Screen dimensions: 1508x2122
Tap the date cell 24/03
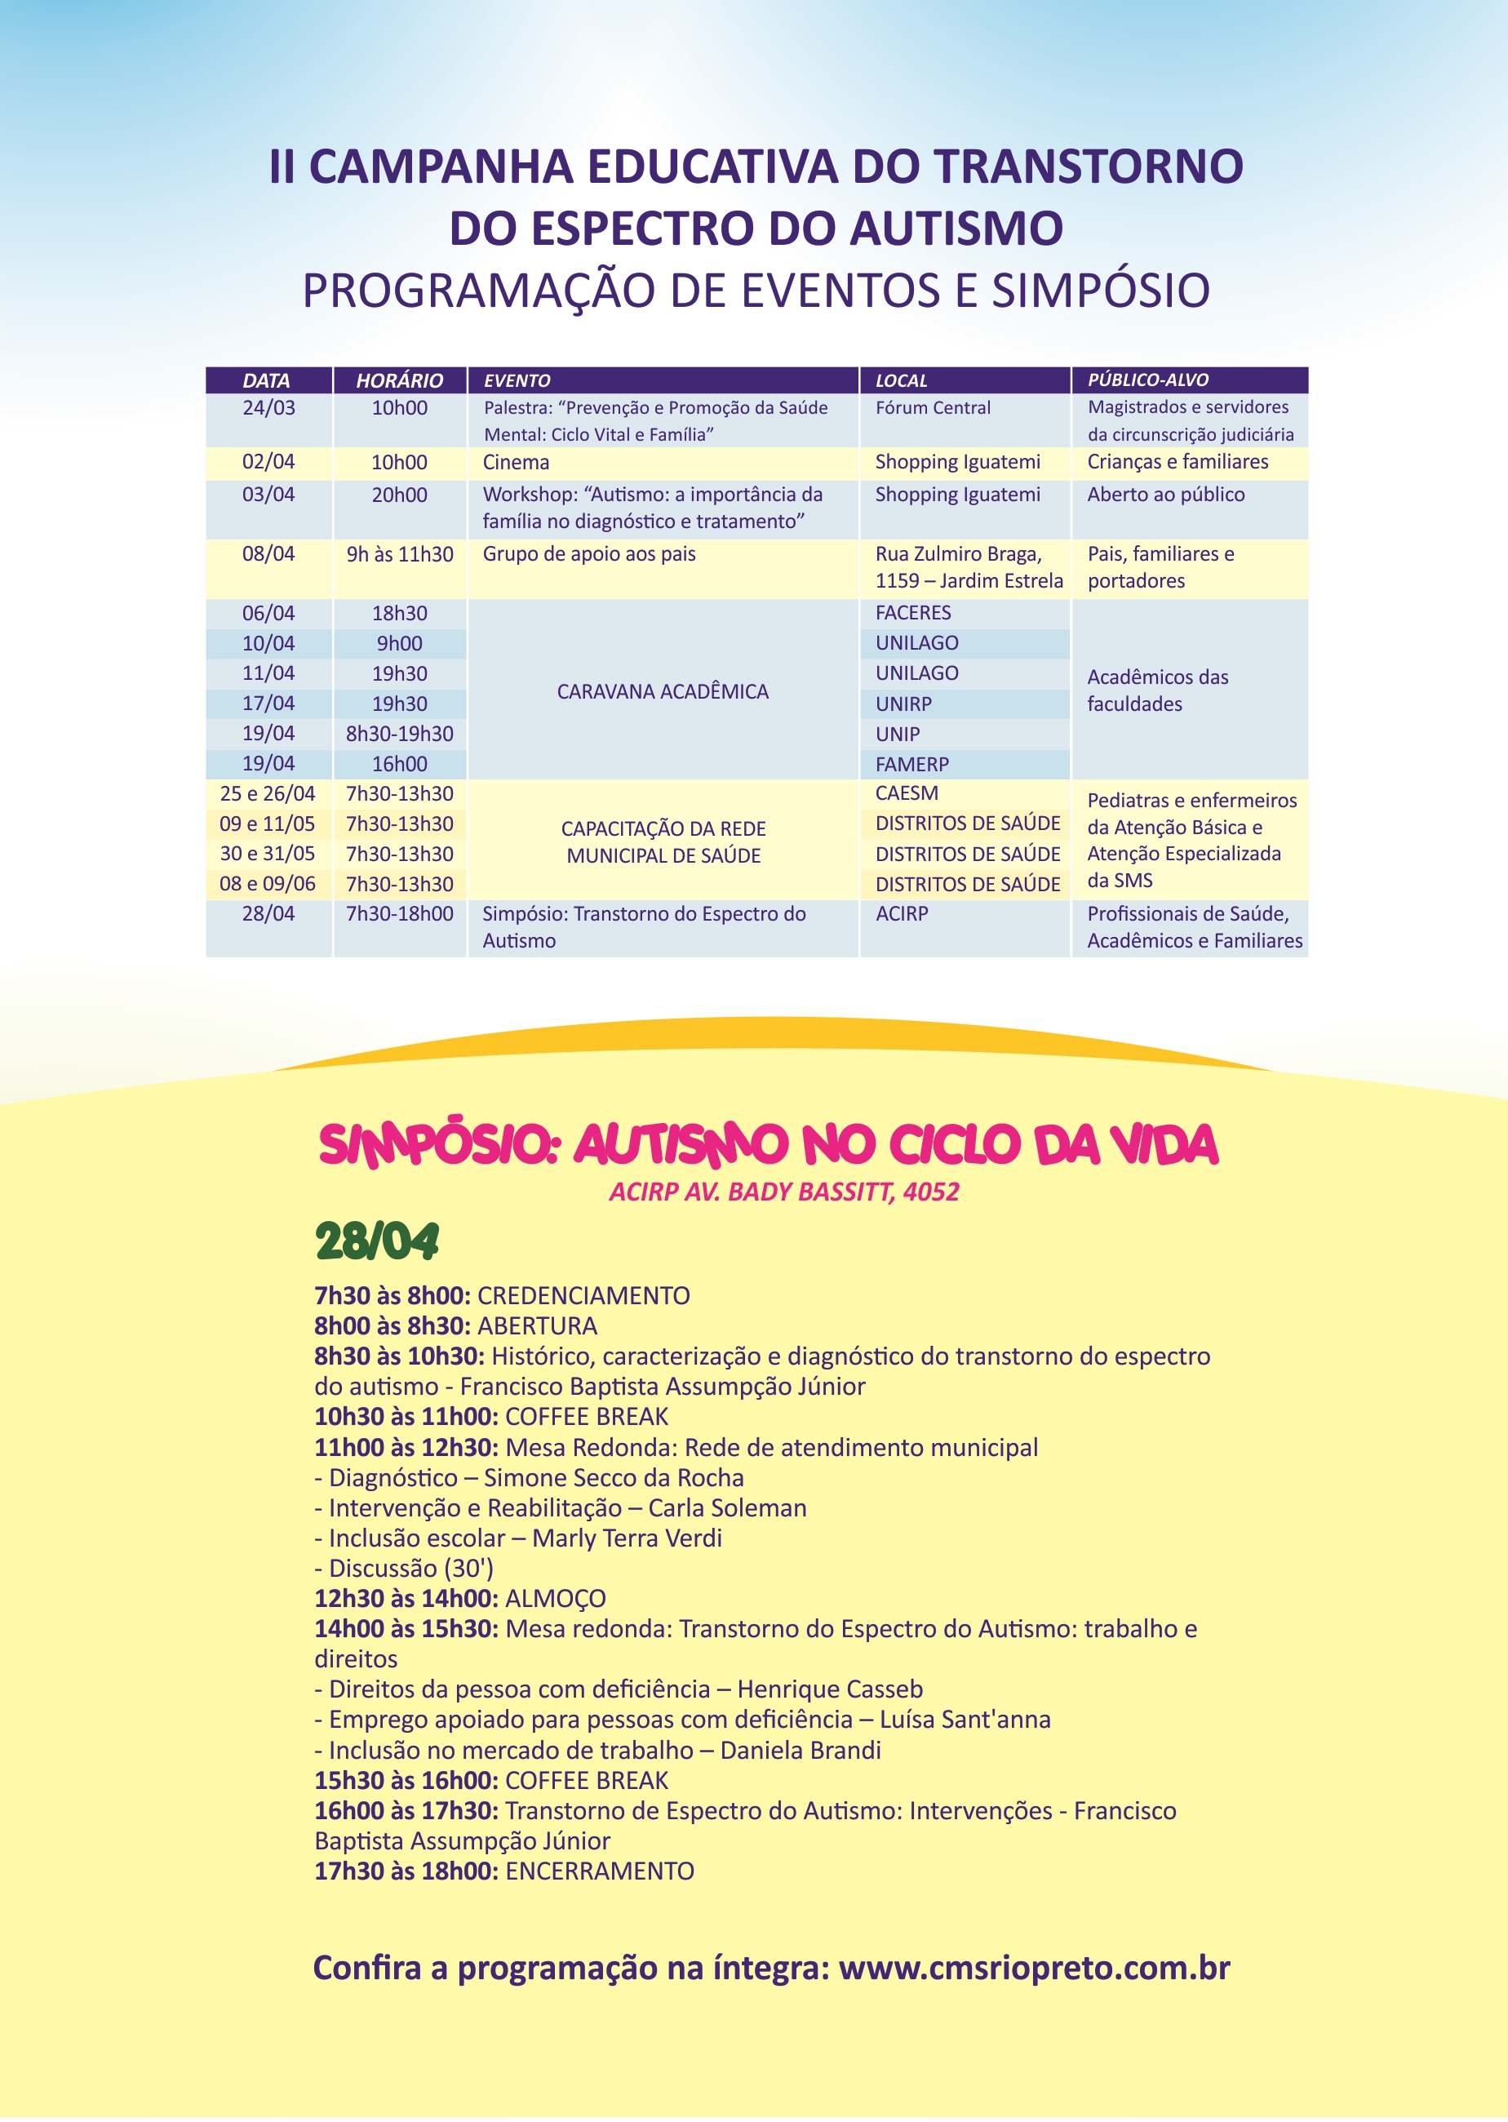click(268, 408)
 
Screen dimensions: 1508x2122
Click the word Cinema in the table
click(516, 463)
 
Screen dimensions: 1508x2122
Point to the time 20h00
click(399, 495)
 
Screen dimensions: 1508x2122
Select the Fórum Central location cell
click(932, 408)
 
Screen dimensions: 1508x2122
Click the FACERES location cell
click(913, 613)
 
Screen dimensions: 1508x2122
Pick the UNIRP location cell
click(903, 704)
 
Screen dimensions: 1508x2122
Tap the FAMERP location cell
click(911, 764)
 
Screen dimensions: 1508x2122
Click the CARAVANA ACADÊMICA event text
click(662, 692)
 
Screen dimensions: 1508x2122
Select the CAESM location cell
click(907, 793)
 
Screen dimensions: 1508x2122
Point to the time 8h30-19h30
click(399, 734)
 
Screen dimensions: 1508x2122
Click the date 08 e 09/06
click(268, 884)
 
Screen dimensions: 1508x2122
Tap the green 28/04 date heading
click(376, 1242)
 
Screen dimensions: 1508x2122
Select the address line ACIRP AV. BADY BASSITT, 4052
click(783, 1192)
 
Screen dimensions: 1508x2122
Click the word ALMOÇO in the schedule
click(554, 1598)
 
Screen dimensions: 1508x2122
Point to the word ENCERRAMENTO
click(599, 1871)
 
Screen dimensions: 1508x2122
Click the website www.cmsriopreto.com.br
click(1034, 1968)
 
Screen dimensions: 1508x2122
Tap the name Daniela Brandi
click(800, 1751)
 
